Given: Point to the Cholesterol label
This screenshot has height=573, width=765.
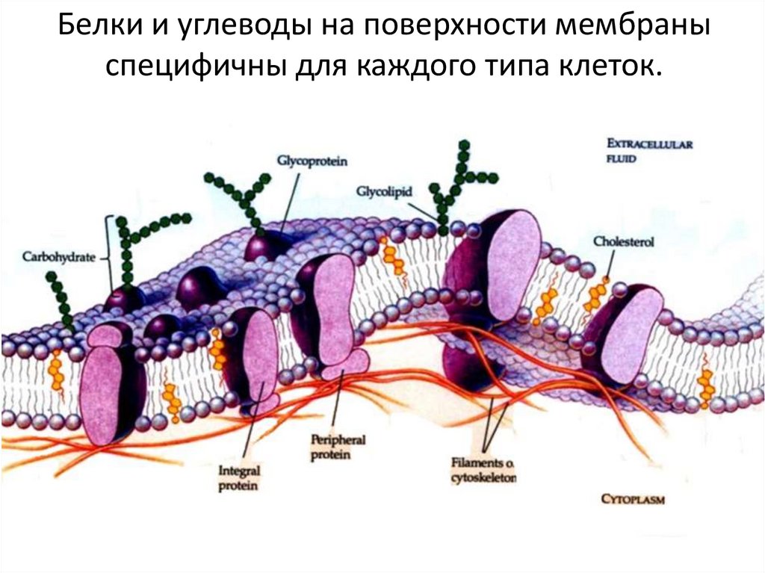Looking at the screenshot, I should point(622,241).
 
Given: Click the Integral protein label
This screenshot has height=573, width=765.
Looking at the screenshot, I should point(238,479).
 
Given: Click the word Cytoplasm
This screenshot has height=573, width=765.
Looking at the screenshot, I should point(633,499).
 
